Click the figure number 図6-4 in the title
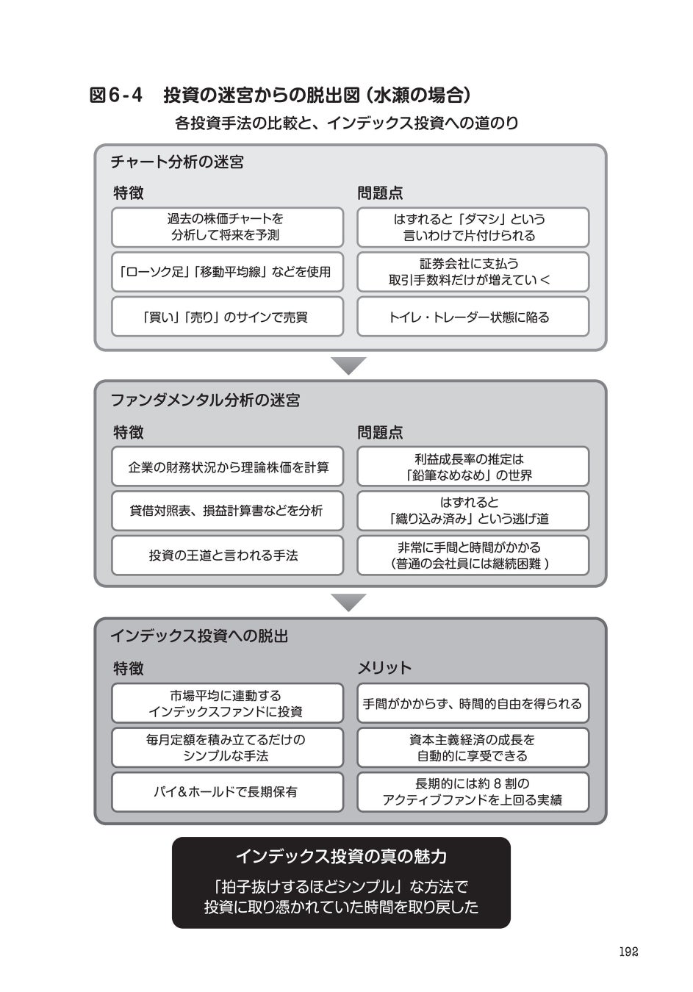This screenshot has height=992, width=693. click(x=116, y=96)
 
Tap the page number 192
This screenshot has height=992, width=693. click(x=628, y=952)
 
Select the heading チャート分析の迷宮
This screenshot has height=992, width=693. click(x=177, y=162)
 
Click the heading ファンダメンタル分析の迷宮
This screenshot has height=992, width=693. click(x=206, y=400)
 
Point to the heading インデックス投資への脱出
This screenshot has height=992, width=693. click(x=199, y=636)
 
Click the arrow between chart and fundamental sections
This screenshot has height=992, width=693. click(x=348, y=365)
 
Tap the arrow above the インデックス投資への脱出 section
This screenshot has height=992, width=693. click(x=348, y=603)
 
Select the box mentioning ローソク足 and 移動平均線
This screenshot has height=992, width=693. click(x=228, y=272)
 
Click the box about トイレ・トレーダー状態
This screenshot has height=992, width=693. click(x=473, y=317)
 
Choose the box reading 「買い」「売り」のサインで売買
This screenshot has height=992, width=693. click(x=228, y=317)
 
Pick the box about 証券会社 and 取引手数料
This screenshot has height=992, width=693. click(x=473, y=272)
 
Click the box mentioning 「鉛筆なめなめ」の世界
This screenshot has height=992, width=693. click(x=473, y=467)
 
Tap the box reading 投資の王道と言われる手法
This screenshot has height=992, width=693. click(x=228, y=556)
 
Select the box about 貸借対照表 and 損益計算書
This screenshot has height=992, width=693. click(x=228, y=511)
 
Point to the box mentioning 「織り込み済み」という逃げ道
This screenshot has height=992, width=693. click(x=473, y=511)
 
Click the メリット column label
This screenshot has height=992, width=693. click(x=384, y=668)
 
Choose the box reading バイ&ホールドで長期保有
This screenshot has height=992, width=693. click(x=228, y=792)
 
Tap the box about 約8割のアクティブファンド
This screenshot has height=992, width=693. click(x=473, y=792)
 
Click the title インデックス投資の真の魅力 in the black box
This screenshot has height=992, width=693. click(x=341, y=857)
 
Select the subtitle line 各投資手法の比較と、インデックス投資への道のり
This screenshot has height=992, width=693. click(x=347, y=123)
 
